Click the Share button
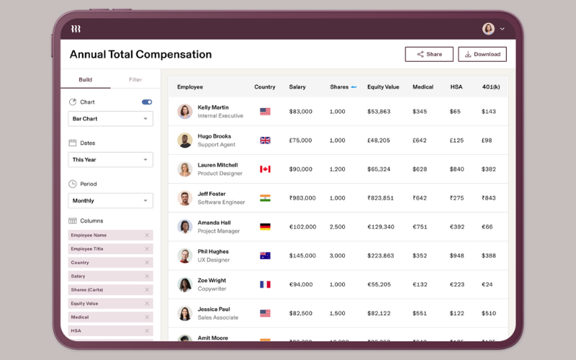429,54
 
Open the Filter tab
135,79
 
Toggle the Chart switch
147,102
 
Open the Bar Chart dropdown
110,119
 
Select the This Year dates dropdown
110,160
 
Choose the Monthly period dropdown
110,201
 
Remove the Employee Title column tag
147,249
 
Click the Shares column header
339,87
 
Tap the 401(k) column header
490,87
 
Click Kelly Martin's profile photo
185,112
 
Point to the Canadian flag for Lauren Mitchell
265,169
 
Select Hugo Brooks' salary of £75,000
301,140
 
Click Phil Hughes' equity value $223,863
380,256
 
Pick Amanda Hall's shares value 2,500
337,227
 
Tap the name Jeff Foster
212,194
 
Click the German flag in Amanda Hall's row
265,227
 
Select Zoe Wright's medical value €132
420,284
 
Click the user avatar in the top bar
488,29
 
